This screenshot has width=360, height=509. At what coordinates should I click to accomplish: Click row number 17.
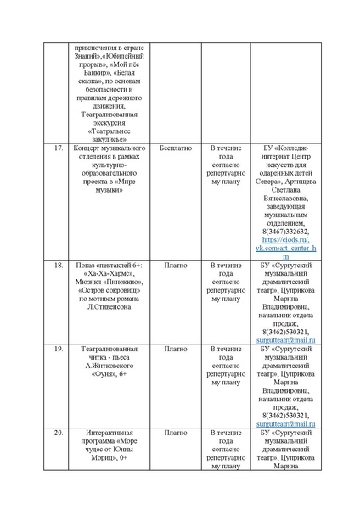tap(59, 148)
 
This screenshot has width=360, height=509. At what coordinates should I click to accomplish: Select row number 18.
tap(59, 266)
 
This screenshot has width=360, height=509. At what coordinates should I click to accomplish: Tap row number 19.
tap(59, 348)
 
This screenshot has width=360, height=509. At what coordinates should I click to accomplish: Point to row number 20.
tap(59, 432)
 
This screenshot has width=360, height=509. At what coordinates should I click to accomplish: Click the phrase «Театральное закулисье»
tap(111, 135)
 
